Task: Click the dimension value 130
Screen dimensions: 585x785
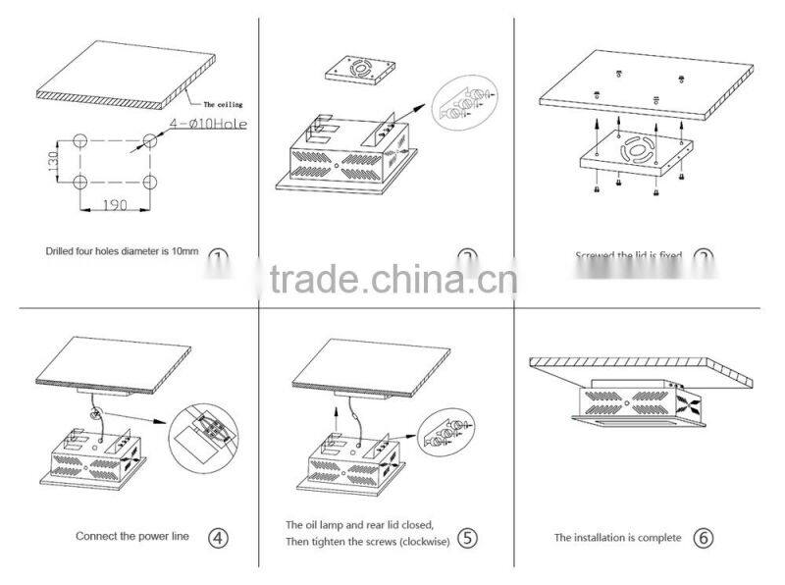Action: pyautogui.click(x=53, y=158)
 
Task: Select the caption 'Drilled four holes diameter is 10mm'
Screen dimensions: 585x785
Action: pyautogui.click(x=122, y=251)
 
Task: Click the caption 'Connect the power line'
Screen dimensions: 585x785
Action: pyautogui.click(x=132, y=537)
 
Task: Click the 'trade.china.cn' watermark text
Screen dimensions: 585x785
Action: pyautogui.click(x=392, y=280)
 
